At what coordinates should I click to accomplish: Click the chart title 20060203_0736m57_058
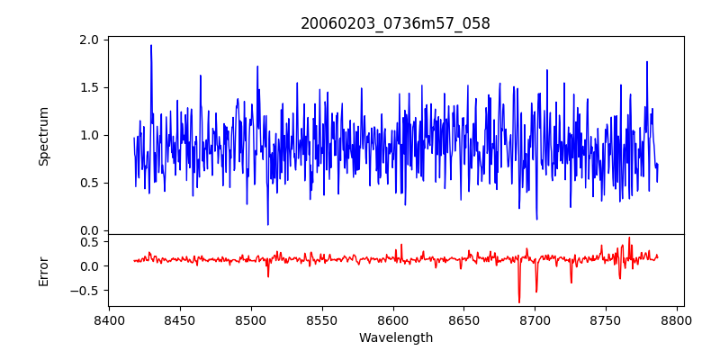[395, 23]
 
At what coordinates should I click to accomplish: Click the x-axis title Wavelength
[395, 337]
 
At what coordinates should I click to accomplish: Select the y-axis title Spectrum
[44, 136]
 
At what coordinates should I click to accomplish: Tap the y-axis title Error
[44, 271]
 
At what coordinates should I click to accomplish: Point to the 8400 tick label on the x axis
[109, 319]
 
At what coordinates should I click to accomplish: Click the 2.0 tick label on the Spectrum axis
[89, 40]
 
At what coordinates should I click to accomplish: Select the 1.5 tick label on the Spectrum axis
[89, 88]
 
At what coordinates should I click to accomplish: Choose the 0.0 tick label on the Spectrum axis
[89, 230]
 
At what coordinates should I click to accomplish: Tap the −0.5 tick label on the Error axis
[85, 291]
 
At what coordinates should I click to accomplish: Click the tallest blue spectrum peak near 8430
[151, 46]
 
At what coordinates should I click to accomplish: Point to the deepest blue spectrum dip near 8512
[267, 224]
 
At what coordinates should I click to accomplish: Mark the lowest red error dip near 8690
[519, 301]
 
